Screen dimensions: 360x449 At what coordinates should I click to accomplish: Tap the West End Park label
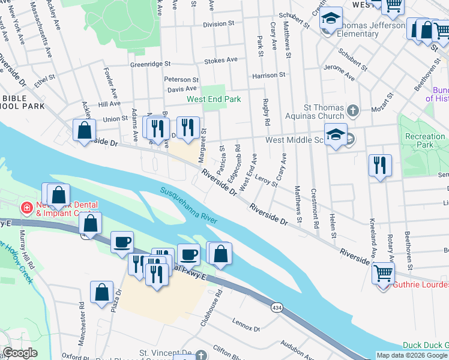[x=213, y=99]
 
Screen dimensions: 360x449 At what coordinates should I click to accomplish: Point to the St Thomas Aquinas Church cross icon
[x=353, y=110]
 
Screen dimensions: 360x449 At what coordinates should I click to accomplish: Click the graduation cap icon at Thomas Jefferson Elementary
[x=330, y=20]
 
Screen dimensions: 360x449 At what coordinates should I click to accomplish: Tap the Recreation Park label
[x=425, y=140]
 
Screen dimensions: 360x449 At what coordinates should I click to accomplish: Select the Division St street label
[x=218, y=25]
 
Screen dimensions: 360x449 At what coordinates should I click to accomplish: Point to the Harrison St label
[x=268, y=76]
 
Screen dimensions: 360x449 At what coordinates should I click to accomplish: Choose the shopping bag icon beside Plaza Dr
[x=101, y=292]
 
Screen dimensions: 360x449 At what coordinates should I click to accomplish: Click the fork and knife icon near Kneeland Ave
[x=380, y=164]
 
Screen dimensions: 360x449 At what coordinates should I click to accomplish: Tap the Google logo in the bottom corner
[x=20, y=353]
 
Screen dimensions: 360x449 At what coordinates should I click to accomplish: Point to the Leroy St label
[x=265, y=179]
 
